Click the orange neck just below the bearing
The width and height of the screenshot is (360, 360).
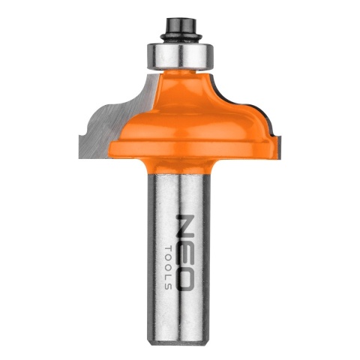180,75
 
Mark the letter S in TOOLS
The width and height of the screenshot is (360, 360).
169,286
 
